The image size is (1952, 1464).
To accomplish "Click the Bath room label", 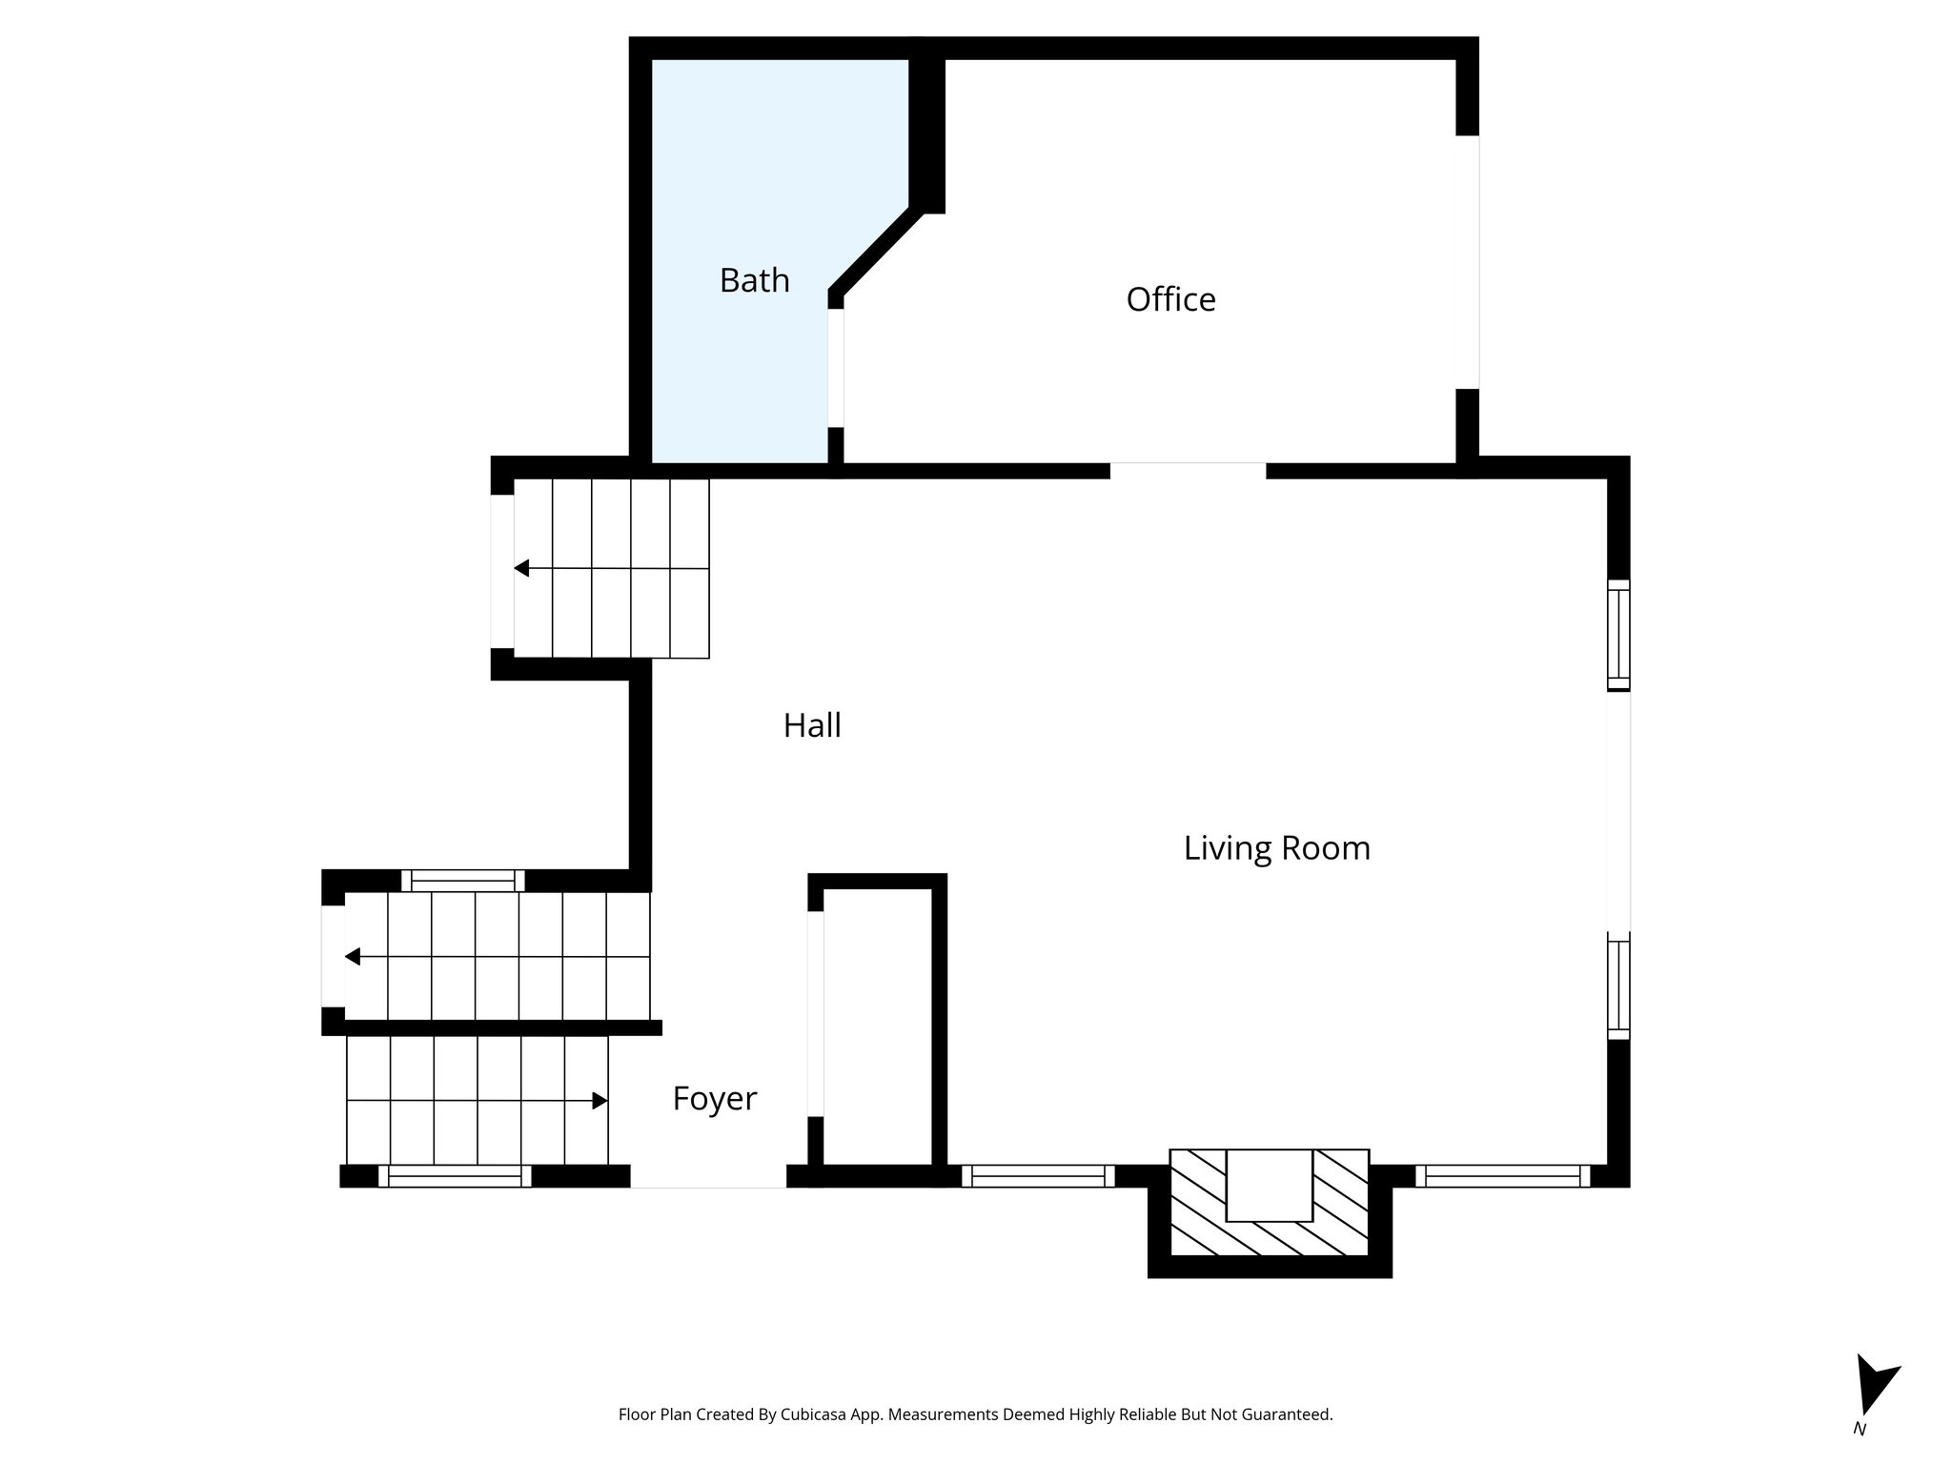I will [x=754, y=280].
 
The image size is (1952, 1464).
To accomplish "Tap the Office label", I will [x=1170, y=299].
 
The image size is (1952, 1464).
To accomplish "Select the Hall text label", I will [x=812, y=725].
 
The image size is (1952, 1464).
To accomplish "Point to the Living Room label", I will [x=1276, y=847].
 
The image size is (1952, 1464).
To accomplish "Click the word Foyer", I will [x=714, y=1098].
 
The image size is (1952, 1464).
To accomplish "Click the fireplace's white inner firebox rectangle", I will [x=1269, y=1185].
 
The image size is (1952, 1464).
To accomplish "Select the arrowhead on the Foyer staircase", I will [x=600, y=1101].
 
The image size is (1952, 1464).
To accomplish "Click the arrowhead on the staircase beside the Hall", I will [x=521, y=569].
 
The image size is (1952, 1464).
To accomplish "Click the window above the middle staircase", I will [x=462, y=880].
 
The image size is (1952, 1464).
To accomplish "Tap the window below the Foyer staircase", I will [x=455, y=1176].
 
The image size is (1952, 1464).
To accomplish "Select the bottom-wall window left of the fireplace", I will [x=1038, y=1176].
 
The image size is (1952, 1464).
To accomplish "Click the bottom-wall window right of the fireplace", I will [x=1502, y=1176].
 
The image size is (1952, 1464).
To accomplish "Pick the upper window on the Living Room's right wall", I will [x=1618, y=635].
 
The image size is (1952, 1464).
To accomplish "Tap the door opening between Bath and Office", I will [x=836, y=368].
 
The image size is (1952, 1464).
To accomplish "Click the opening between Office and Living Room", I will [x=1188, y=470].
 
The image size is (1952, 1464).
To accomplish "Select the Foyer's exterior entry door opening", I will [x=708, y=1176].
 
